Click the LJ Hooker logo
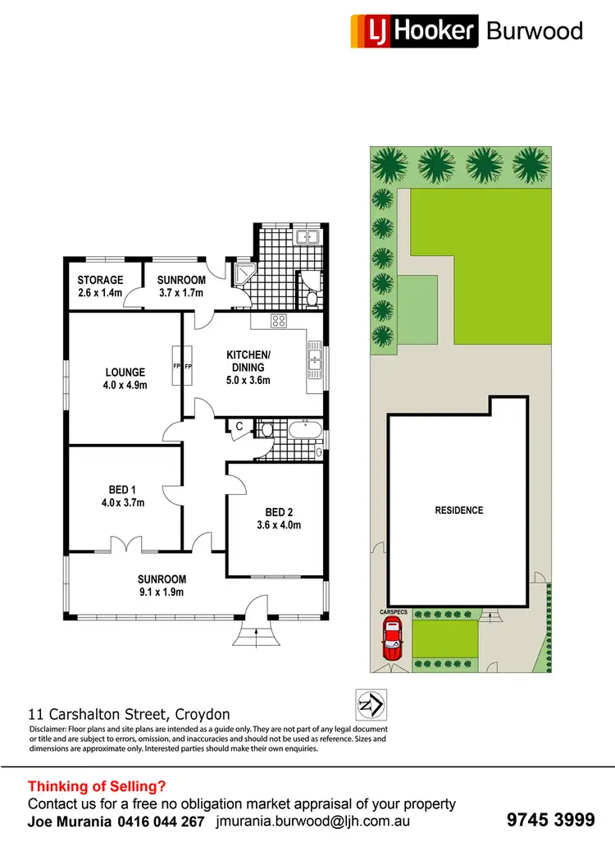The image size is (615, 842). point(414,31)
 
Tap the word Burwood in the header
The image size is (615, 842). point(534,31)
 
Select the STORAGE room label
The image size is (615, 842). point(101,281)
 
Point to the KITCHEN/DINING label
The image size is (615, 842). point(248,361)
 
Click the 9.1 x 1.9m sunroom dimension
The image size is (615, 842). point(162,592)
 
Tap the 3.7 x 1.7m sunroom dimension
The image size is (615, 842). point(180,293)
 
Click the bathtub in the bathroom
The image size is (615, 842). point(303,428)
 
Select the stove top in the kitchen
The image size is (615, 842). point(278,322)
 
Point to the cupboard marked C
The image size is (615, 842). point(239,428)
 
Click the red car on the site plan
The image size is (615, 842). point(392,639)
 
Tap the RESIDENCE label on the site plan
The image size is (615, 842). point(458,510)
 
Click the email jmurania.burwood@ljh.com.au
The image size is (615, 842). point(312,821)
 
